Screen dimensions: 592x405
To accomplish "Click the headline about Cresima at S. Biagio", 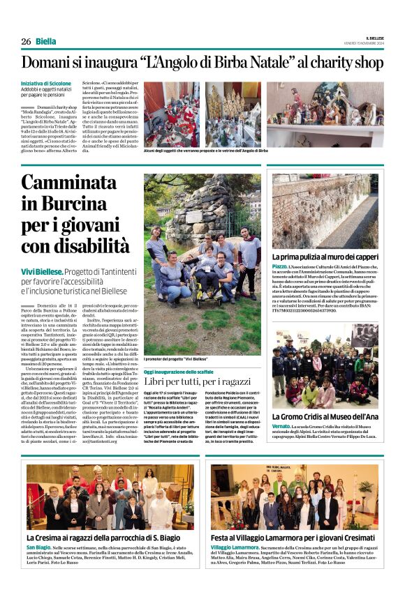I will coord(109,538).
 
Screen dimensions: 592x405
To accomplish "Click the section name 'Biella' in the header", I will coord(47,41).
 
